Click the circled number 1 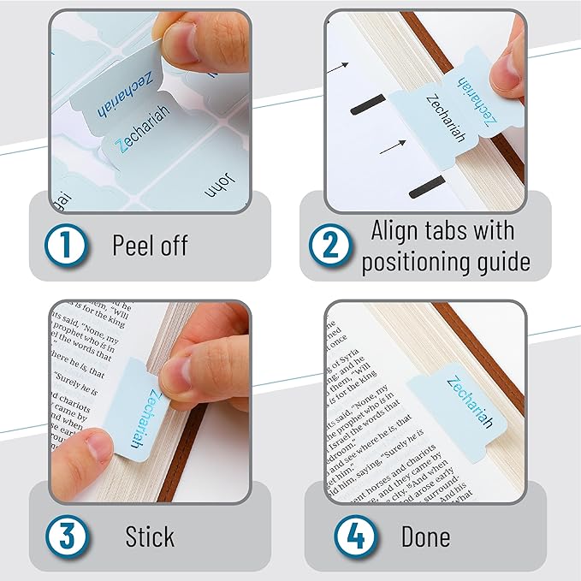(68, 246)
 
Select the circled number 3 (68, 537)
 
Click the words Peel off (150, 246)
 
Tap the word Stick (149, 537)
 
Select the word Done (425, 537)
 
